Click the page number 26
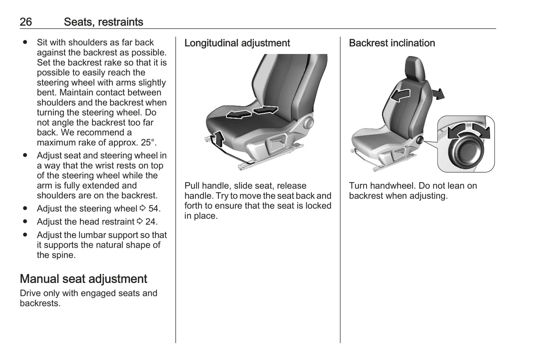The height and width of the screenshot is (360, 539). click(x=26, y=22)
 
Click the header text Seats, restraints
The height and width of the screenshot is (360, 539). click(x=103, y=22)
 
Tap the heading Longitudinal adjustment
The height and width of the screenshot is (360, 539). click(x=237, y=43)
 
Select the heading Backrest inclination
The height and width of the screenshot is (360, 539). click(x=392, y=43)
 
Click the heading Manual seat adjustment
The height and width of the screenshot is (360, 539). click(x=83, y=279)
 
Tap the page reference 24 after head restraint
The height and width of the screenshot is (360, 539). click(x=151, y=222)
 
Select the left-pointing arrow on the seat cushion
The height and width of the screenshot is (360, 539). click(x=239, y=114)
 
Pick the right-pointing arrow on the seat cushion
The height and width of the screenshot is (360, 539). click(x=265, y=110)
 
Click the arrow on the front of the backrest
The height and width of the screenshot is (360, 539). click(x=400, y=95)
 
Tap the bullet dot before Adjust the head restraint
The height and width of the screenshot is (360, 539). click(x=25, y=222)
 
